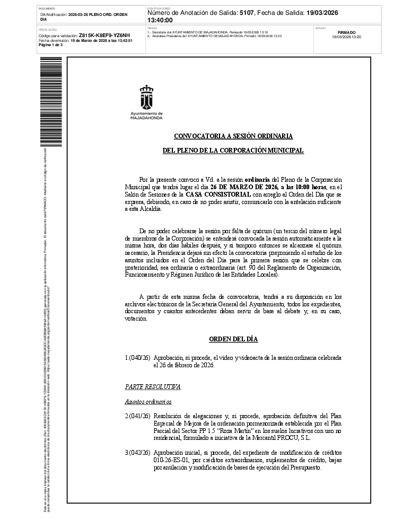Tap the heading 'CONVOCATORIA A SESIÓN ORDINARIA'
tap(233, 136)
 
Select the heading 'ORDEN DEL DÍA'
tap(233, 339)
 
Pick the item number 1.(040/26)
tap(137, 358)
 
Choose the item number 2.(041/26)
tap(137, 416)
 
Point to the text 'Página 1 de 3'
tap(51, 45)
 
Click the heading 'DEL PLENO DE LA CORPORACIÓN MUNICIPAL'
tap(233, 151)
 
